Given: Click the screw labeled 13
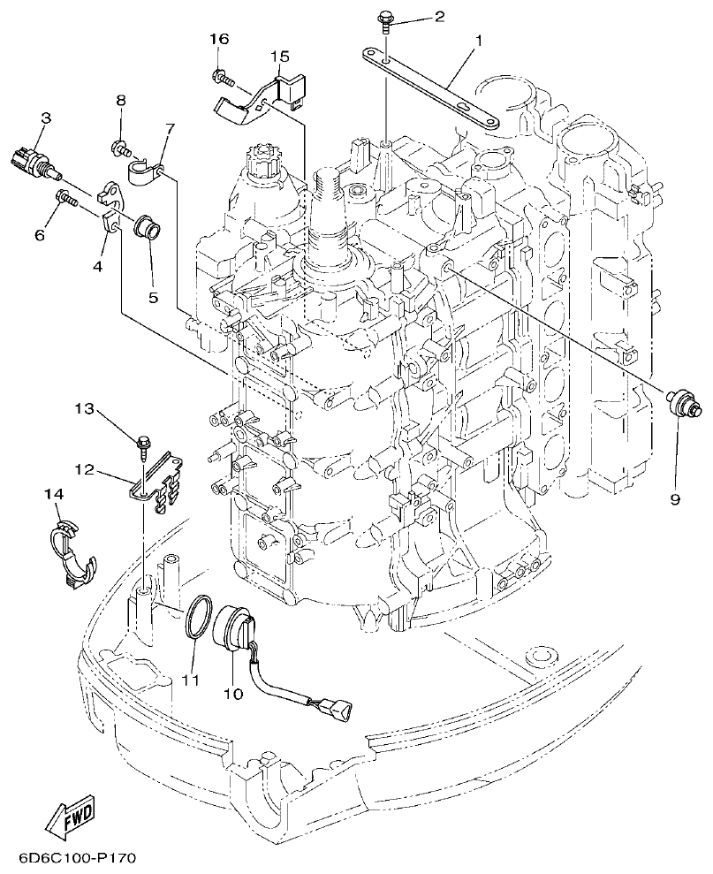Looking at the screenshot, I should coord(142,443).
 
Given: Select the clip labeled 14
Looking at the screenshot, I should coord(70,551).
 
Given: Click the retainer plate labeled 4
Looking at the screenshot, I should coord(110,209).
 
